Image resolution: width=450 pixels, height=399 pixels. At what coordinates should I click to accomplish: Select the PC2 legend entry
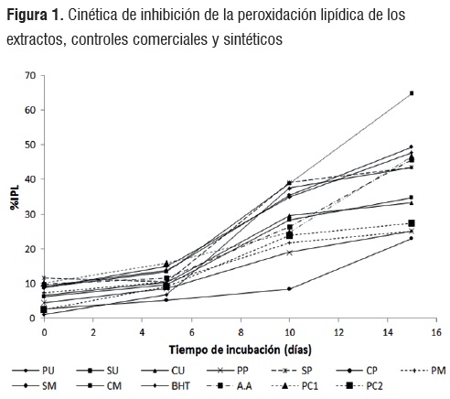click(x=359, y=386)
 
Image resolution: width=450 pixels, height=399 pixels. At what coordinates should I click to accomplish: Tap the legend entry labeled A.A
click(x=230, y=386)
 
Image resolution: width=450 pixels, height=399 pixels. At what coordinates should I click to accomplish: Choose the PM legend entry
click(x=423, y=371)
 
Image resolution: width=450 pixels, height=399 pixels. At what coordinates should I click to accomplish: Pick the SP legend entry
click(x=292, y=371)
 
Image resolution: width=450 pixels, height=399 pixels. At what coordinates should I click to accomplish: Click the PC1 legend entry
click(x=295, y=386)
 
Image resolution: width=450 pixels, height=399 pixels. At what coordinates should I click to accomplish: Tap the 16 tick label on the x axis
click(x=436, y=332)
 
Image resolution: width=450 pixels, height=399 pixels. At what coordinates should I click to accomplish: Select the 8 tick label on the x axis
click(x=241, y=332)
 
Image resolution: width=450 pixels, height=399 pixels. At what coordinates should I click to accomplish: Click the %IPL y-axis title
click(x=15, y=197)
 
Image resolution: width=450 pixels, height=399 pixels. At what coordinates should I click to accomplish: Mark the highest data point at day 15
click(x=412, y=93)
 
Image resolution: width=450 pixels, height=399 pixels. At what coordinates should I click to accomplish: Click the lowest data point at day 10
click(x=289, y=288)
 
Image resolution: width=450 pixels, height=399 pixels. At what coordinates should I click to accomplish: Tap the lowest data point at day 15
click(x=412, y=238)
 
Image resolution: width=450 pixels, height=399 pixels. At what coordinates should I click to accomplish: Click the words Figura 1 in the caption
click(x=35, y=15)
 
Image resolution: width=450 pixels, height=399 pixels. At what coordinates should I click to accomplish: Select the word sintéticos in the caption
click(x=253, y=39)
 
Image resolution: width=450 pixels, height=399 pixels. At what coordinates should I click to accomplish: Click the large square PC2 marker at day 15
click(x=412, y=223)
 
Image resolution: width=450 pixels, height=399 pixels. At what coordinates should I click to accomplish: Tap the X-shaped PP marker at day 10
click(x=289, y=253)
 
